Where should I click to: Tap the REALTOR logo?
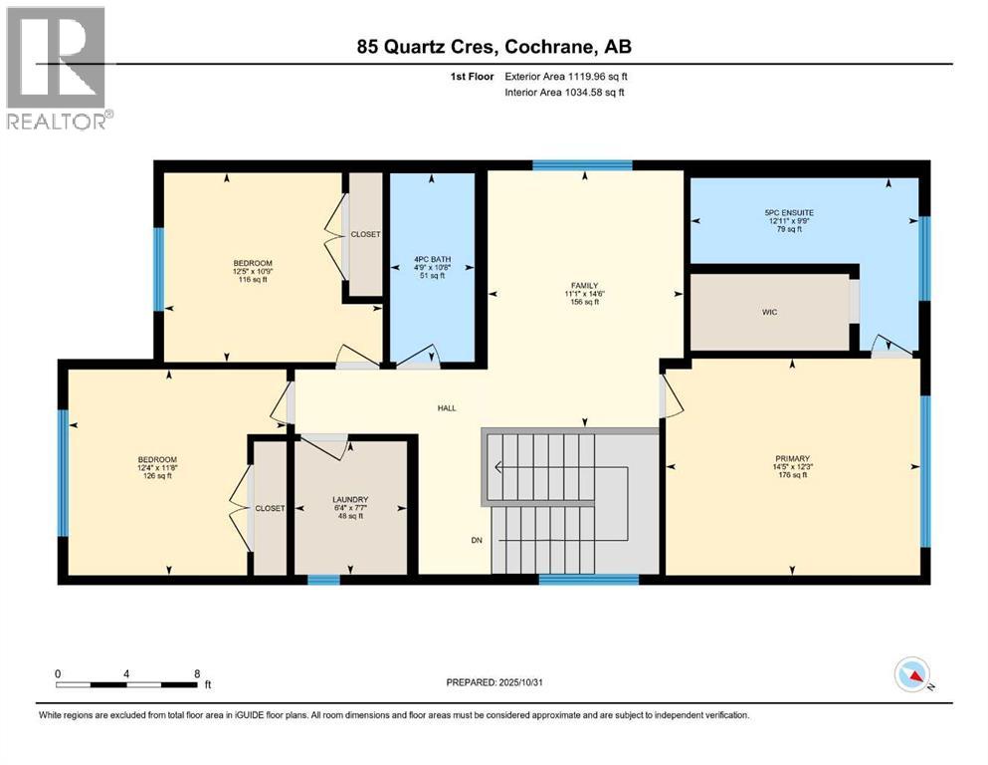click(x=58, y=69)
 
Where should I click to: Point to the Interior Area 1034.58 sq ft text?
click(x=565, y=93)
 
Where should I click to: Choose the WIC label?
click(x=769, y=312)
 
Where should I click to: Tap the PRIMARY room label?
click(x=792, y=459)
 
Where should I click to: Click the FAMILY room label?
click(x=583, y=285)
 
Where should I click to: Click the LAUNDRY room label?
click(x=350, y=499)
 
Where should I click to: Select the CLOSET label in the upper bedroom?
click(x=365, y=235)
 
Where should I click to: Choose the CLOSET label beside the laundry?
click(x=270, y=508)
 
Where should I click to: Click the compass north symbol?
click(x=911, y=677)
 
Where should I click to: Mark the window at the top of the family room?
click(x=582, y=165)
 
